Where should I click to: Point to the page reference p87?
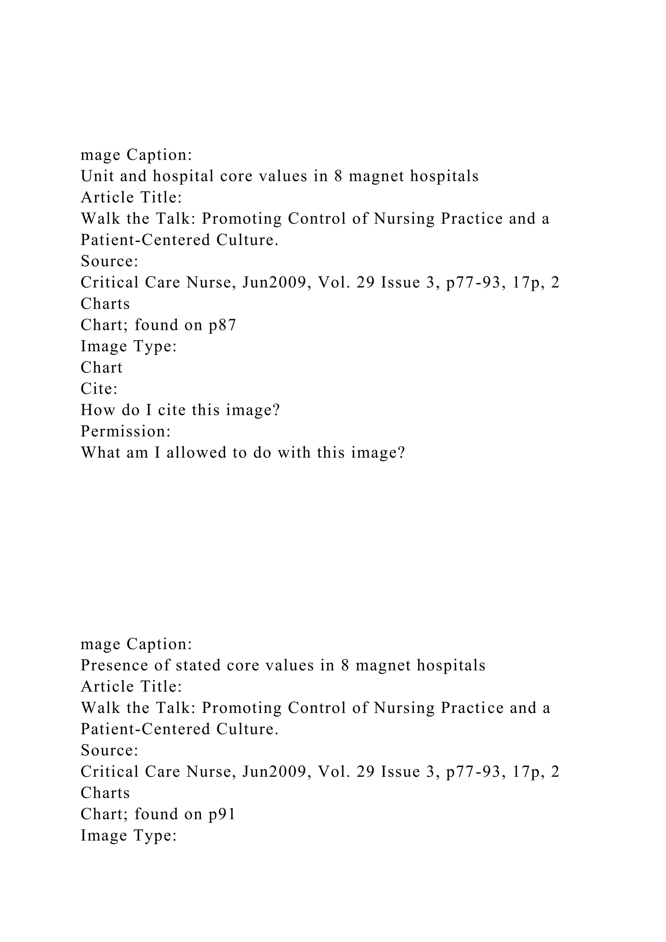click(x=222, y=325)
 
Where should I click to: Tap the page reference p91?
click(x=222, y=814)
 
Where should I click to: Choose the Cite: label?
click(x=99, y=388)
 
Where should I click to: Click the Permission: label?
click(x=126, y=431)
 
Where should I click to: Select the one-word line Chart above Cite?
click(x=101, y=368)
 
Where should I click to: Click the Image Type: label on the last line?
click(x=129, y=835)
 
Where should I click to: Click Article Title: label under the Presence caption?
click(x=131, y=687)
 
